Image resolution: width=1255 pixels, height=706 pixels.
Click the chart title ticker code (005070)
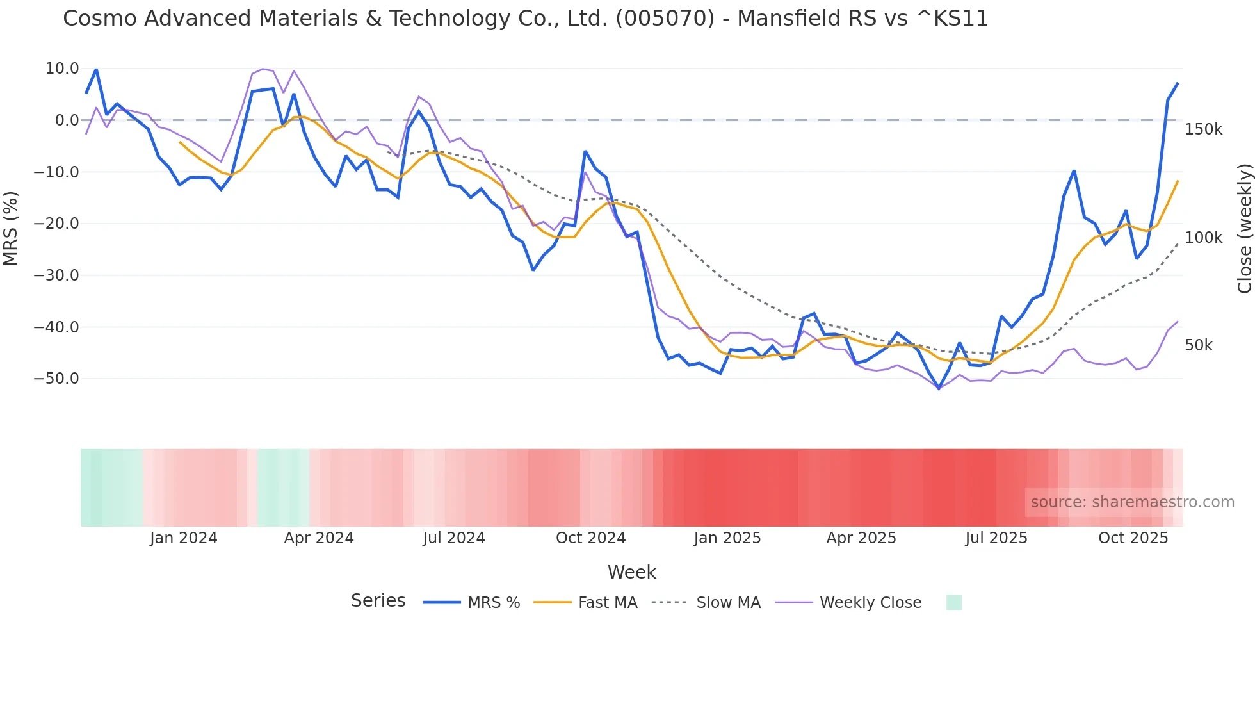pyautogui.click(x=665, y=19)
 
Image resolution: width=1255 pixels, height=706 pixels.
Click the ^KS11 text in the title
pyautogui.click(x=952, y=19)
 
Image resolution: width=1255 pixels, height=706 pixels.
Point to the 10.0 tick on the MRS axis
pyautogui.click(x=62, y=69)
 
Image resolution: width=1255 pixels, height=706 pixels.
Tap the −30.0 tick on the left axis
pyautogui.click(x=56, y=275)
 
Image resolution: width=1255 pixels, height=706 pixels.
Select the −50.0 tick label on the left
pyautogui.click(x=56, y=379)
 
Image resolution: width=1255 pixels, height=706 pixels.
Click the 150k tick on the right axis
pyautogui.click(x=1203, y=129)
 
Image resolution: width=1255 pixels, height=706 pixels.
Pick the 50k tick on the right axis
pyautogui.click(x=1199, y=345)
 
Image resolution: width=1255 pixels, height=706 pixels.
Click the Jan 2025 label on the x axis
pyautogui.click(x=727, y=538)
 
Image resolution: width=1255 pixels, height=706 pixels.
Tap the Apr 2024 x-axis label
pyautogui.click(x=319, y=538)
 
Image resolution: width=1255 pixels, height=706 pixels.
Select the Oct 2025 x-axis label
pyautogui.click(x=1133, y=538)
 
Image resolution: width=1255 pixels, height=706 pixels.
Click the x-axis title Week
pyautogui.click(x=631, y=572)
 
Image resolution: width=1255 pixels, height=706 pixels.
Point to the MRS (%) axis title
pyautogui.click(x=10, y=228)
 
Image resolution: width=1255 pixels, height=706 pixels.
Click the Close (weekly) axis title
pyautogui.click(x=1244, y=229)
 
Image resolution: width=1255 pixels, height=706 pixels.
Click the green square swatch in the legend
pyautogui.click(x=953, y=602)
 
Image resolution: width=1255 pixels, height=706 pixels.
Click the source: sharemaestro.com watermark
pyautogui.click(x=1132, y=502)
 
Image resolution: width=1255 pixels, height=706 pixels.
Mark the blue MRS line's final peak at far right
pyautogui.click(x=1177, y=83)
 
